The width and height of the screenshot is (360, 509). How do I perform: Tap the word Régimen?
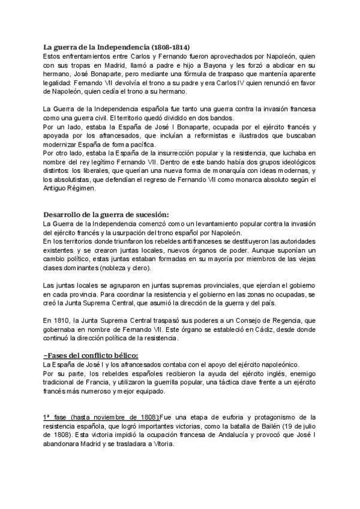(74, 191)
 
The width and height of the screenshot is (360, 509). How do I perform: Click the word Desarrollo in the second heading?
(64, 215)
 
